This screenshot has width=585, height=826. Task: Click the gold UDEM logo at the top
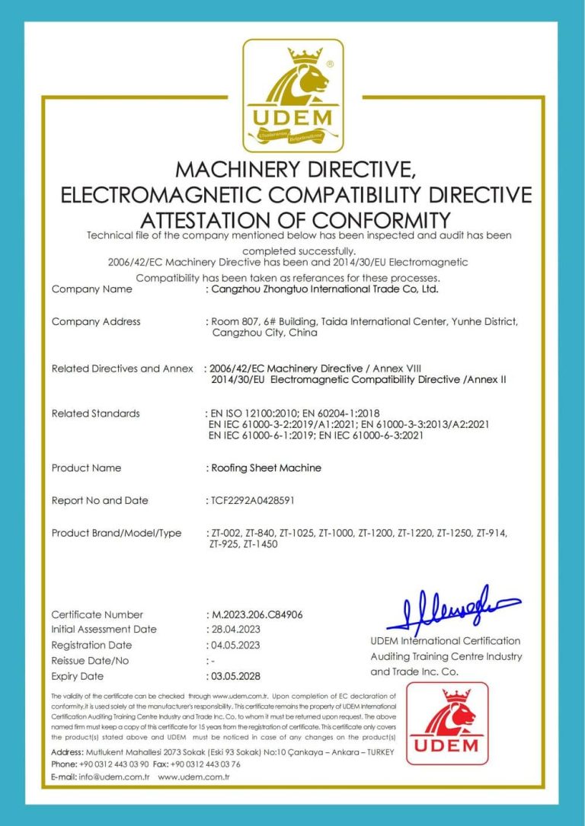coord(292,94)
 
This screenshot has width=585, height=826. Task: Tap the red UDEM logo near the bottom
coord(447,723)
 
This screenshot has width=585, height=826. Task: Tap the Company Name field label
coord(91,289)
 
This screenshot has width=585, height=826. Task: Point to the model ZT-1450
coord(261,545)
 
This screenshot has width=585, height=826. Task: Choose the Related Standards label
coord(95,413)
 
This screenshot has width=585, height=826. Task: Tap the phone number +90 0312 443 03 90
coord(113,764)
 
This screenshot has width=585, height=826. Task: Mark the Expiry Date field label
coord(77,676)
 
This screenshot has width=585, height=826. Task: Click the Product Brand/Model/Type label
coord(116,533)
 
